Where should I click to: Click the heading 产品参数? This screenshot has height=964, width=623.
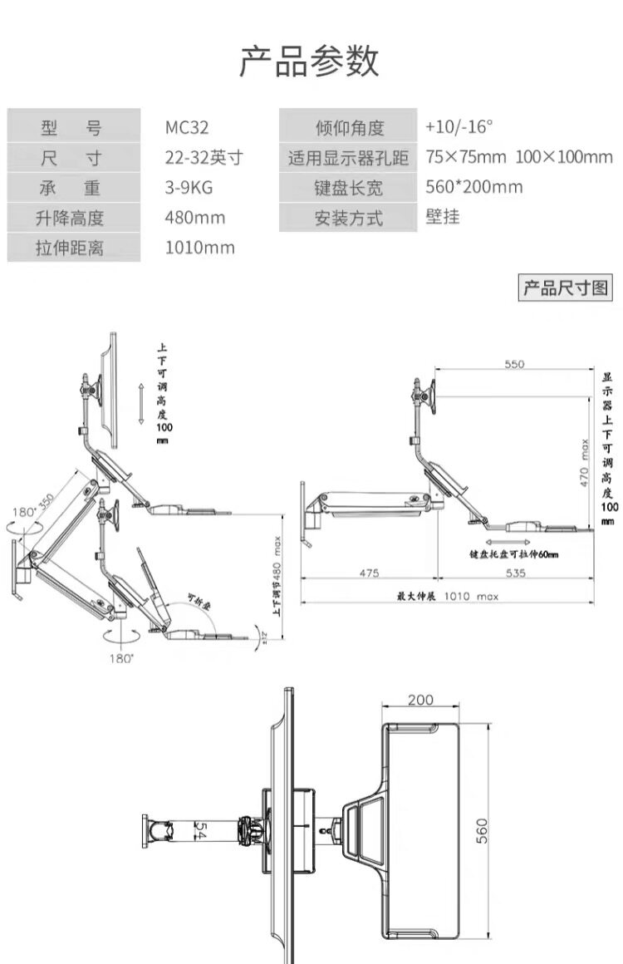click(310, 62)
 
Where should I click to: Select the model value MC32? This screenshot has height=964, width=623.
click(187, 128)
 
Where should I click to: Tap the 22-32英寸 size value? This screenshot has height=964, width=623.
click(204, 158)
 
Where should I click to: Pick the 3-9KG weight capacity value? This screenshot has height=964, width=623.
click(189, 188)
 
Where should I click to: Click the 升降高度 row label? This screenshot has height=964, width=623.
click(71, 219)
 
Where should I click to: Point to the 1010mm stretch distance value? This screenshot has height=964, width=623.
click(200, 248)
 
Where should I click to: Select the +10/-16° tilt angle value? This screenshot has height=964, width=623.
click(459, 127)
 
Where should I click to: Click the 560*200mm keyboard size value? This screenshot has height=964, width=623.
click(473, 187)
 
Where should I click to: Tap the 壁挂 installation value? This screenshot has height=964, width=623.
click(443, 217)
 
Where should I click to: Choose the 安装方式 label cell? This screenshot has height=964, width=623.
click(349, 219)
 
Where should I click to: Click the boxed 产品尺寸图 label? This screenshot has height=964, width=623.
click(566, 288)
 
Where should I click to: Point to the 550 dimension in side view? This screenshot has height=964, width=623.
click(514, 365)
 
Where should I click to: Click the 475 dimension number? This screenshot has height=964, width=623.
click(370, 573)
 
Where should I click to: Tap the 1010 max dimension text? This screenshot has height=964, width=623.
click(468, 596)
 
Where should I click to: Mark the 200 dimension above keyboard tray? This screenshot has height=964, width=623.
click(420, 700)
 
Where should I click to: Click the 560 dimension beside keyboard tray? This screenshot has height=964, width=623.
click(483, 829)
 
